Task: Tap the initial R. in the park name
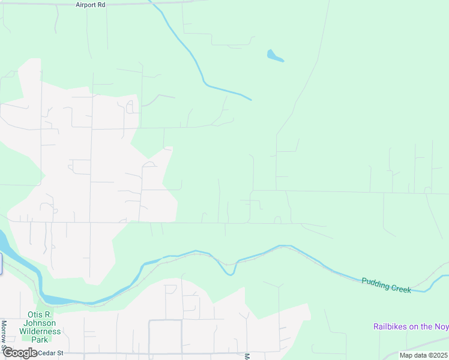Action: (50, 314)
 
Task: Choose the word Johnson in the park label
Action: (41, 323)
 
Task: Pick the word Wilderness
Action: (40, 331)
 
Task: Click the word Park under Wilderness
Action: (40, 340)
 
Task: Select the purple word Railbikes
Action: (391, 327)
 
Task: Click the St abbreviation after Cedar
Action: (60, 353)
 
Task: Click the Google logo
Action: (20, 353)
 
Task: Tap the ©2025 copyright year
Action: (438, 355)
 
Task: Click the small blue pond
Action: (275, 56)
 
